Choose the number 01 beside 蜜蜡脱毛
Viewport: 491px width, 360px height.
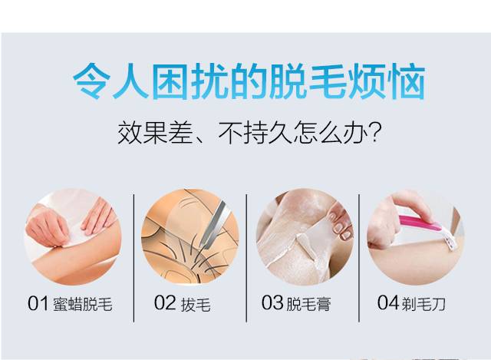38,304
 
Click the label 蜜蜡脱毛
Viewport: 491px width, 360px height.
82,304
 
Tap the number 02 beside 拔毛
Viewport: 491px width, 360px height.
164,303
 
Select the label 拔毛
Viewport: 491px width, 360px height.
196,304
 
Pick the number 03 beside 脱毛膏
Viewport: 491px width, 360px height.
272,303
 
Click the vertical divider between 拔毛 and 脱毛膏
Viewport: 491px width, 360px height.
247,246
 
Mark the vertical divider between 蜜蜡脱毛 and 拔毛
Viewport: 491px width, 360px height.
134,246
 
